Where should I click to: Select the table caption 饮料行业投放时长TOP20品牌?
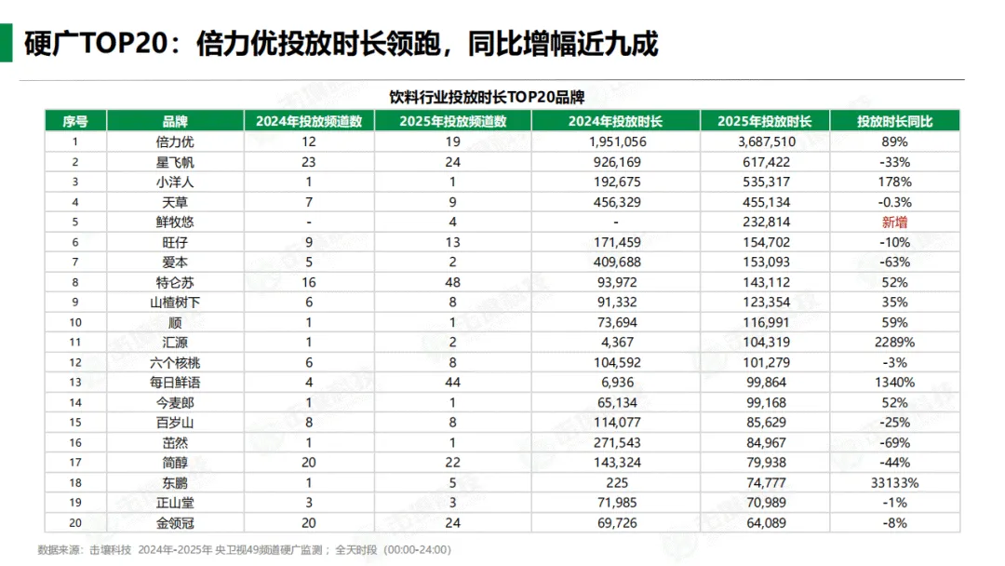tap(487, 97)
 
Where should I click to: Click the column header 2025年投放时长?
tap(765, 121)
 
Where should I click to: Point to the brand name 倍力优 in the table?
tap(175, 141)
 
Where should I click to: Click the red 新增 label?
tap(894, 222)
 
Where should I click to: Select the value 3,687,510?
tap(765, 141)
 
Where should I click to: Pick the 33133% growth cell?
tap(894, 483)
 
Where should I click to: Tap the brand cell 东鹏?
tap(175, 483)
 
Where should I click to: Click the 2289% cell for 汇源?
tap(894, 342)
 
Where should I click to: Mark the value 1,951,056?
tap(617, 141)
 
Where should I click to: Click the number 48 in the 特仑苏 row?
tap(452, 282)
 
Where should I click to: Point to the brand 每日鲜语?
tap(175, 383)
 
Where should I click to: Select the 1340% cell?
tap(894, 383)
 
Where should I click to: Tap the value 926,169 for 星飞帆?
tap(617, 162)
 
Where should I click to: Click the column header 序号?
tap(75, 121)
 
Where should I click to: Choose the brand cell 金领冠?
tap(175, 523)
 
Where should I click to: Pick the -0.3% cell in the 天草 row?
tap(894, 202)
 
